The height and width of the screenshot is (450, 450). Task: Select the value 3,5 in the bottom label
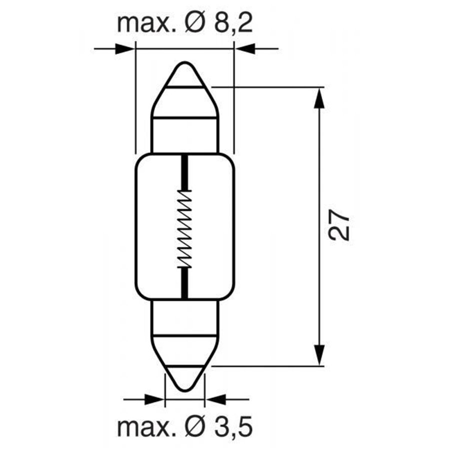click(x=233, y=427)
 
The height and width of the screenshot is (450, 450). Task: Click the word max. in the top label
click(x=147, y=24)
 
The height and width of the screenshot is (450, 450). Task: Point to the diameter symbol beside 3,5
click(x=195, y=427)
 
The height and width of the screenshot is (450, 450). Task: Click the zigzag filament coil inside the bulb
click(x=184, y=228)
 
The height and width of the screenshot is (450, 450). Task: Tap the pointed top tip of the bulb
click(x=185, y=62)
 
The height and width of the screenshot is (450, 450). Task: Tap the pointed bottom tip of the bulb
click(x=185, y=390)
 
